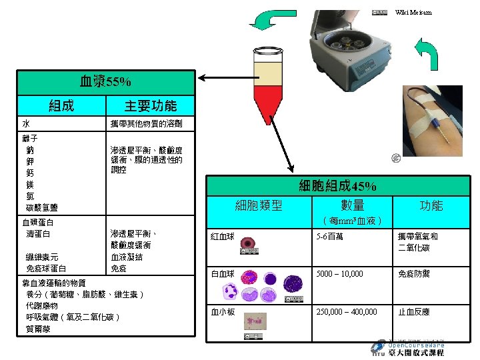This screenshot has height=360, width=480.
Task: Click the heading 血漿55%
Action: coord(105,83)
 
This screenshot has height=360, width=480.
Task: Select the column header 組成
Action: coord(61,105)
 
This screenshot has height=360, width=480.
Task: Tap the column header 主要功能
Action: coord(151,105)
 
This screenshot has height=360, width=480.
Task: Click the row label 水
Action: coord(25,124)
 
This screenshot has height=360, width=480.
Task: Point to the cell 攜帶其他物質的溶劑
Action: coord(146,124)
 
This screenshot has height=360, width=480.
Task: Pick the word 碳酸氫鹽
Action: coord(41,208)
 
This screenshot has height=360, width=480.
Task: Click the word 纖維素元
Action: coord(41,257)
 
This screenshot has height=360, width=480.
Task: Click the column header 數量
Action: coord(352,205)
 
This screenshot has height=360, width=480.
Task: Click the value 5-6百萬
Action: coord(330,237)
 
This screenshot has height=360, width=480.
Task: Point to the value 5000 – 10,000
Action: coord(340,274)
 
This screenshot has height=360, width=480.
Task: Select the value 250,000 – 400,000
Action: coord(346,311)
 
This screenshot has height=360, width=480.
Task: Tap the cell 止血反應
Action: coord(414,311)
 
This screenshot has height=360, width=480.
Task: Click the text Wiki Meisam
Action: coord(413,12)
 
